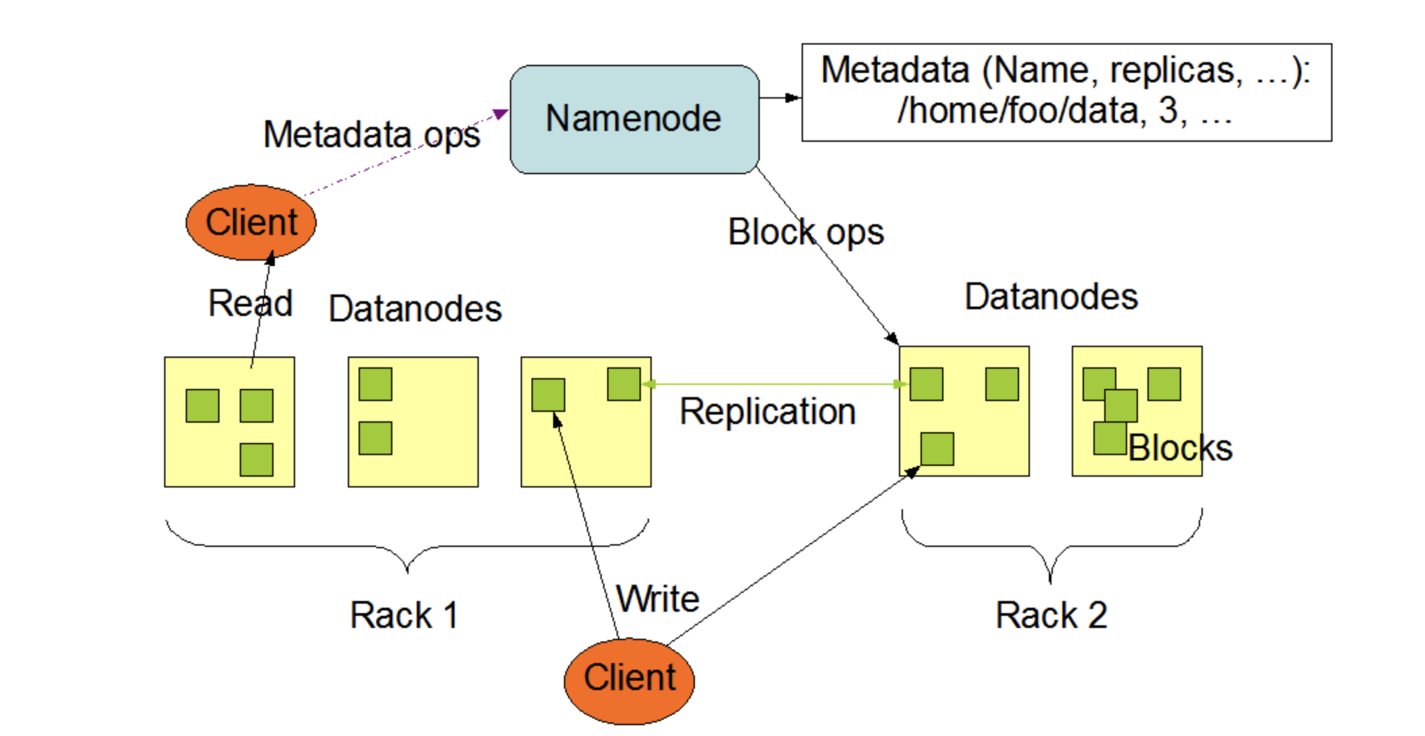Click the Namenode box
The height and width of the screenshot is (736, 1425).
(x=633, y=120)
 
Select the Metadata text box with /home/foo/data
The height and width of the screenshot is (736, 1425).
(x=1066, y=93)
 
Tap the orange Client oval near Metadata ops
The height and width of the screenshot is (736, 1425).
(x=251, y=222)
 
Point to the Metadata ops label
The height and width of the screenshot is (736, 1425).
(x=371, y=134)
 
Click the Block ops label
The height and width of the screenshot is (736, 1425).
(x=805, y=233)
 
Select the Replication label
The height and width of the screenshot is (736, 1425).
(x=767, y=411)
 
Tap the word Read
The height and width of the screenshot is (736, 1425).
(x=250, y=303)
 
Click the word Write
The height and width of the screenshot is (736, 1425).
(x=658, y=599)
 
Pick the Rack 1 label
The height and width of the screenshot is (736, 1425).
(x=404, y=615)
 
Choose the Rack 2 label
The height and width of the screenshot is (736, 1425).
(x=1051, y=615)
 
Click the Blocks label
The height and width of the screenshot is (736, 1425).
(x=1180, y=448)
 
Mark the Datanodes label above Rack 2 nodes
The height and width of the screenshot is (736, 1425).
(x=1051, y=297)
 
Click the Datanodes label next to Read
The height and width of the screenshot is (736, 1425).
(x=415, y=309)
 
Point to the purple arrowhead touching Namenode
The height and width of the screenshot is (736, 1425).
(x=500, y=114)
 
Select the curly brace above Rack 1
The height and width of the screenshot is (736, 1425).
(x=407, y=546)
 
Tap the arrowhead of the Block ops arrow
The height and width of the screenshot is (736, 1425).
(x=892, y=338)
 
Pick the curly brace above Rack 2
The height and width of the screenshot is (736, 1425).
(x=1051, y=546)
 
